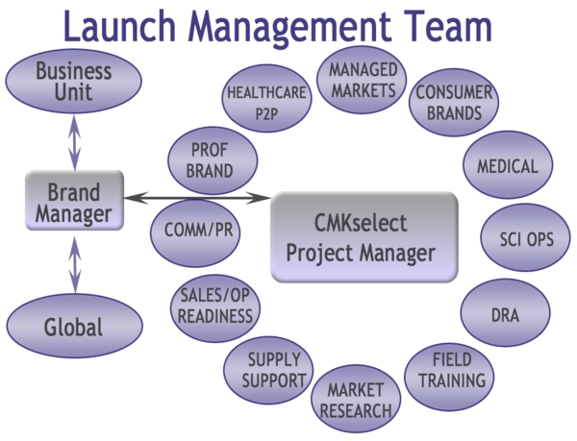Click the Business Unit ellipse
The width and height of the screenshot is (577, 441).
click(x=74, y=81)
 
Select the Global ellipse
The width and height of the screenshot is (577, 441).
click(x=73, y=327)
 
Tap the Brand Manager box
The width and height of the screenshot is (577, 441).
click(x=74, y=202)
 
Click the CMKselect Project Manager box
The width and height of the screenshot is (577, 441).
click(x=363, y=237)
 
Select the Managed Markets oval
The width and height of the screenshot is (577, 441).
click(x=363, y=80)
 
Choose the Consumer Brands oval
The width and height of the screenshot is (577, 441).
click(x=453, y=103)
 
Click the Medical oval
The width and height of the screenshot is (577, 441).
click(x=508, y=166)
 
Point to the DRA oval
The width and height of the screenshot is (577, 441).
click(x=506, y=312)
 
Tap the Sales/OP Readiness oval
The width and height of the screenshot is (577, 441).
click(x=216, y=306)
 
